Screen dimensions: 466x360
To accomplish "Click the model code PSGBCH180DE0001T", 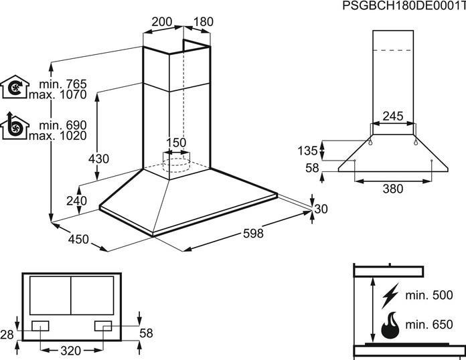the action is coord(404,5).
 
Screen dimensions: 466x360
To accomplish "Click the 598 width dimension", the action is coord(253,233).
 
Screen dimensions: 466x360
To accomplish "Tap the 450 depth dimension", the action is coord(78,239).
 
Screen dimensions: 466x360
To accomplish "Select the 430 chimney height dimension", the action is coord(98,159).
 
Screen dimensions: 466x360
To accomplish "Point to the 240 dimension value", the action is coord(77,201).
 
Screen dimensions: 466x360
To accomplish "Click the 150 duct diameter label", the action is coord(176,143).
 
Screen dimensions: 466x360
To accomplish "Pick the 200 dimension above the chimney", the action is coord(162,21).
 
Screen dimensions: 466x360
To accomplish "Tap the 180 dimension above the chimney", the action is coord(204,21).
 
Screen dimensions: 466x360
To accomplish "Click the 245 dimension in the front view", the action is coord(393,116).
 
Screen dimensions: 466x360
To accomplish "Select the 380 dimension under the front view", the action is coord(393,189).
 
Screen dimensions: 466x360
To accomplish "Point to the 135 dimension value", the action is coord(308,151).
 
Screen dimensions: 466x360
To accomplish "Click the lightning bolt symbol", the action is coord(390,296).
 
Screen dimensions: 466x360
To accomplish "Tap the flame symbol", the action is coord(390,325).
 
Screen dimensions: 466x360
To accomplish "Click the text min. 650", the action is coord(429,325).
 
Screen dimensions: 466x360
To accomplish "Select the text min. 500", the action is coord(429,295).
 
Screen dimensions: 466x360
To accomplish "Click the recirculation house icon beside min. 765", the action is coord(15,87).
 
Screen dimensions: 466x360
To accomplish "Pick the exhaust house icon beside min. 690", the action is coord(15,126).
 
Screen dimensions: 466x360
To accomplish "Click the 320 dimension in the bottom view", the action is coord(71,351).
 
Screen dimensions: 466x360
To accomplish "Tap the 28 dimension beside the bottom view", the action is coord(7,335).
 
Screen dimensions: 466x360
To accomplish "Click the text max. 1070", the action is coord(58,95).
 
